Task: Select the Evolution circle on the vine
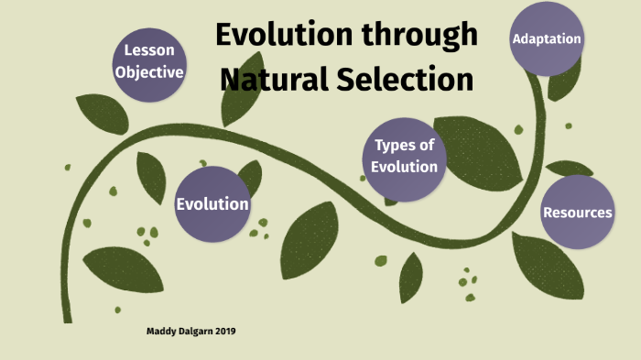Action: tap(212, 203)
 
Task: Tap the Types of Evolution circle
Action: tap(405, 156)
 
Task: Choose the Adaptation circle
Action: tap(547, 39)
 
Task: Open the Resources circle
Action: tap(577, 213)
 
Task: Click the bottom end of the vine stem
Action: tap(67, 316)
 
